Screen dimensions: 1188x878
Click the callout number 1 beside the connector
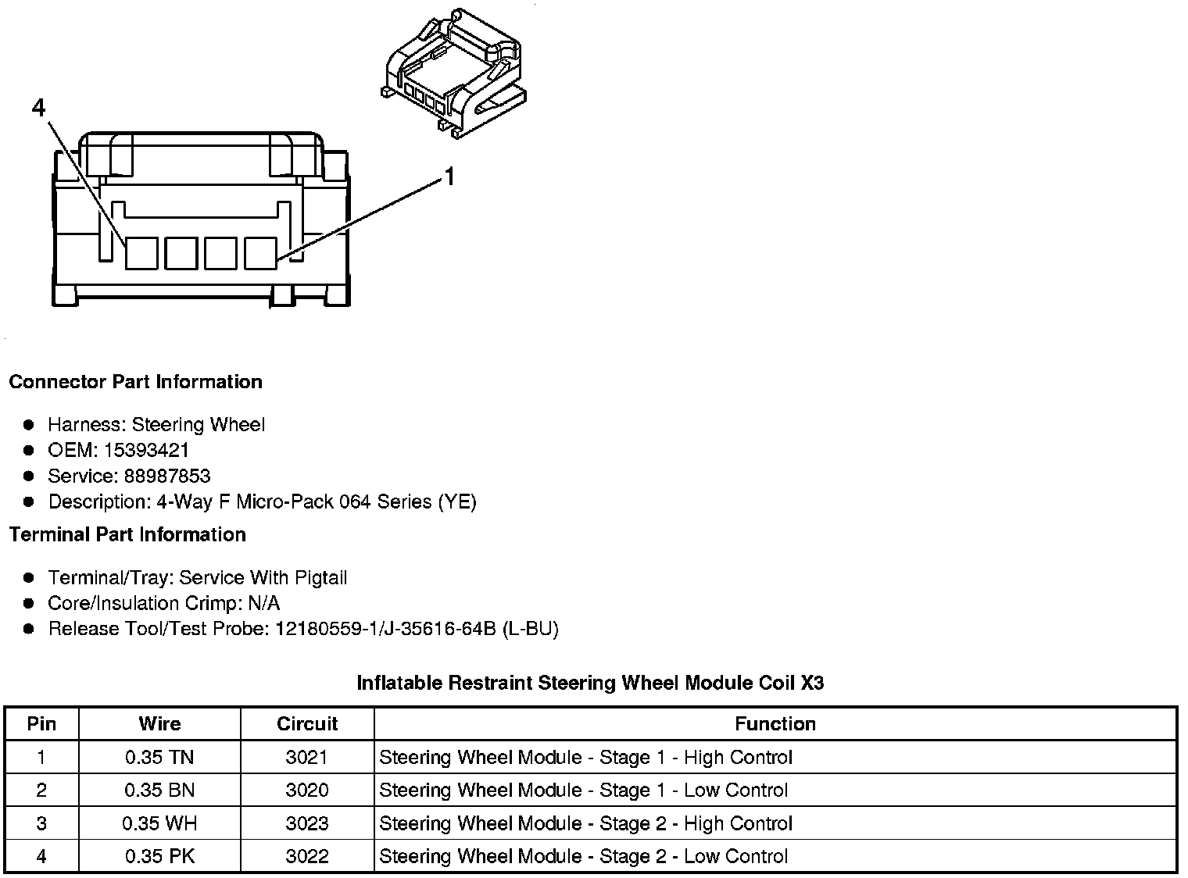click(449, 177)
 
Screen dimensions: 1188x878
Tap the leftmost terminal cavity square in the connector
click(141, 253)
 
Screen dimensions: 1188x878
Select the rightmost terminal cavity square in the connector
click(260, 253)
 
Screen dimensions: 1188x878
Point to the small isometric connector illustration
click(453, 74)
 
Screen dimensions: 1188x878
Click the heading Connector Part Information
click(135, 382)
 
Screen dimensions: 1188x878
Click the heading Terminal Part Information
click(127, 534)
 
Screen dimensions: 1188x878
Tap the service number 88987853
click(167, 476)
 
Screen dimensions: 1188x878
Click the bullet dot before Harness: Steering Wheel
click(29, 425)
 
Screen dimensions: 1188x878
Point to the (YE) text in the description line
click(456, 501)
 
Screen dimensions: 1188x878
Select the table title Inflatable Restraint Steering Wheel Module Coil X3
click(590, 683)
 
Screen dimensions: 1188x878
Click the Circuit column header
click(307, 724)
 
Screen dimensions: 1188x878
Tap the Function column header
click(775, 724)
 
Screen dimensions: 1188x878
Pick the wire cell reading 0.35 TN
click(159, 757)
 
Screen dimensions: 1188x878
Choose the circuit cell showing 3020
click(307, 790)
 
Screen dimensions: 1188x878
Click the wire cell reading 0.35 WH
click(159, 823)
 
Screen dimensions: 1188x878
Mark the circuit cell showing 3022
click(307, 856)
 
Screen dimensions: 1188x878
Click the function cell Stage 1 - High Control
click(585, 757)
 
